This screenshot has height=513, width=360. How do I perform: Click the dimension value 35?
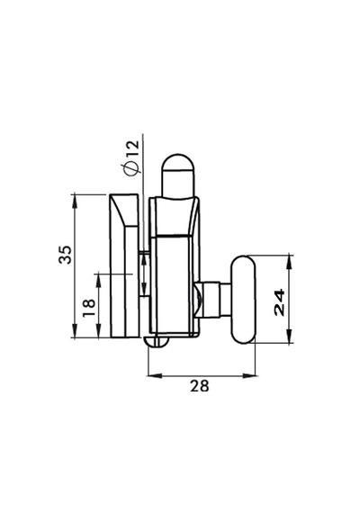65,254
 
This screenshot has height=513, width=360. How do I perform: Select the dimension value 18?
89,308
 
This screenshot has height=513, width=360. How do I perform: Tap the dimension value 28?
199,386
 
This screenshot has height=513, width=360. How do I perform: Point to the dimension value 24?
280,302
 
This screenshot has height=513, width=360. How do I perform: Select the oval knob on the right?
244,300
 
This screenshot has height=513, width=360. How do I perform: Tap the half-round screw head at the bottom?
157,342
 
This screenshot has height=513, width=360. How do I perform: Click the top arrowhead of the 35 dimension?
75,199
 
